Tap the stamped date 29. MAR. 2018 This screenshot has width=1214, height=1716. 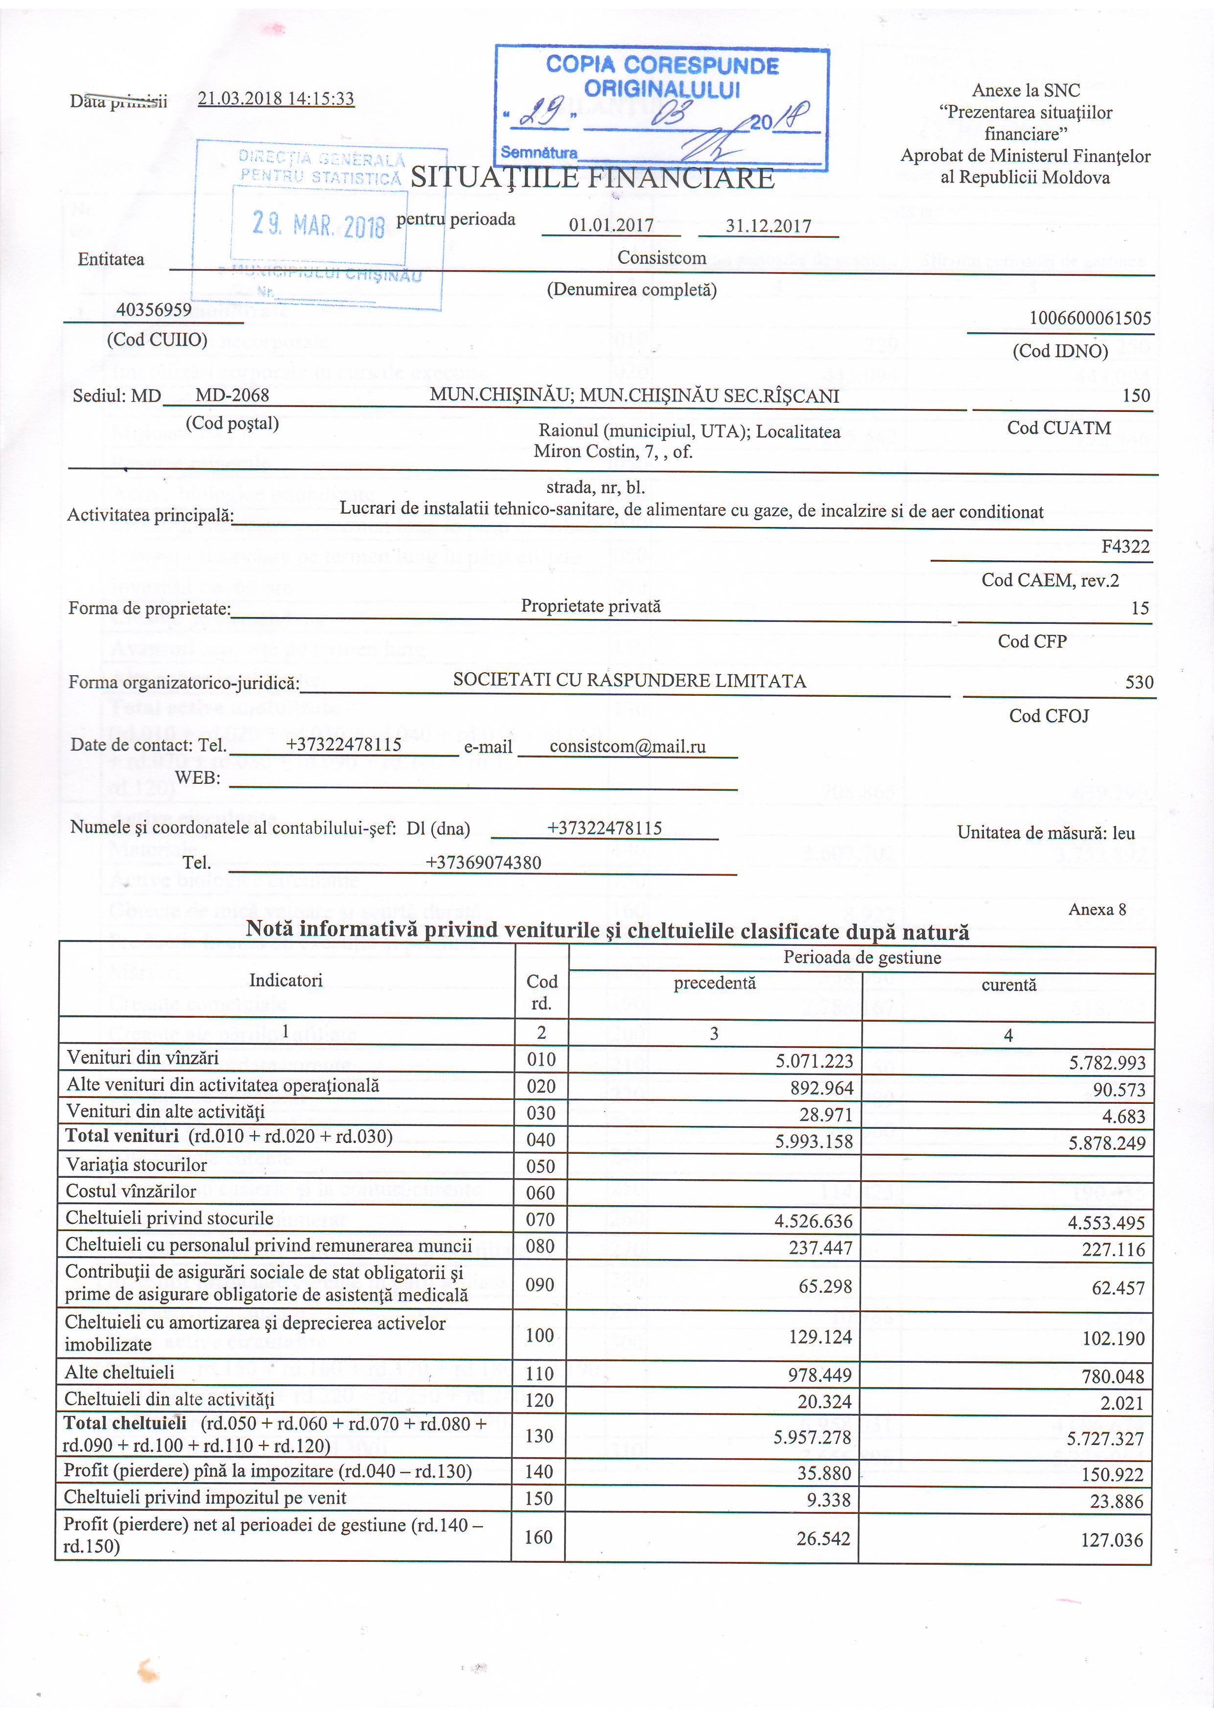[x=319, y=224]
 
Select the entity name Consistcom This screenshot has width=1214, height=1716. [x=661, y=258]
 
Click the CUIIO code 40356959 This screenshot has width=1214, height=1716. [x=154, y=309]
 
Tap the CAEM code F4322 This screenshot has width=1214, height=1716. [x=1125, y=547]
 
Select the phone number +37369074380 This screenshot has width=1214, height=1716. [x=483, y=863]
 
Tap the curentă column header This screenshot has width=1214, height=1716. [x=1008, y=984]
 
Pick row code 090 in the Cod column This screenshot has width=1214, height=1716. [x=540, y=1285]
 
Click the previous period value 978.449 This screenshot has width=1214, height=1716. [x=820, y=1375]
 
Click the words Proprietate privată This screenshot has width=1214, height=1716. [x=590, y=606]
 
